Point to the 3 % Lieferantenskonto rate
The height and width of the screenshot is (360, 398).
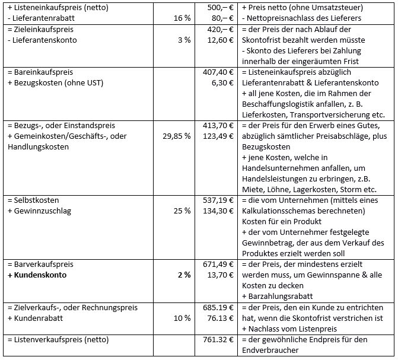[x=185, y=40]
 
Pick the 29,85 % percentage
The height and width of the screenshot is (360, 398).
[x=176, y=136]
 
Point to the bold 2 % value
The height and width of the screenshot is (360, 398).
[x=184, y=275]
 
